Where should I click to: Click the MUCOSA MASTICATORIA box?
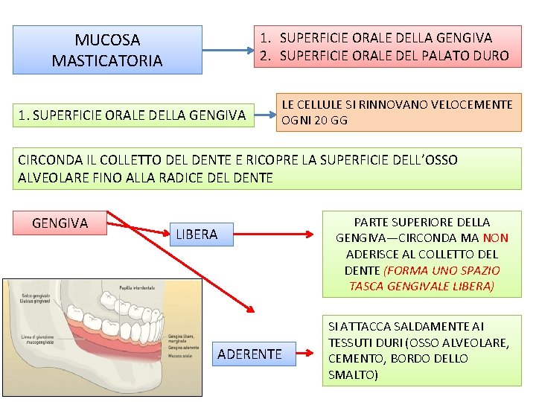click(107, 50)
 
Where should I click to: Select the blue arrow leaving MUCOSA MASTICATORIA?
click(228, 51)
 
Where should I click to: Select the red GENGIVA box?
click(60, 223)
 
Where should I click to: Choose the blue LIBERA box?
click(197, 234)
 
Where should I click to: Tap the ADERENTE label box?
click(249, 354)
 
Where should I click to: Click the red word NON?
click(496, 238)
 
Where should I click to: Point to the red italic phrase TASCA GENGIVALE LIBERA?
click(421, 287)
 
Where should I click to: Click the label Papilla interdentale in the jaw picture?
click(135, 287)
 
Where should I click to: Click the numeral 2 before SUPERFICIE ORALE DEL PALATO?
click(264, 56)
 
